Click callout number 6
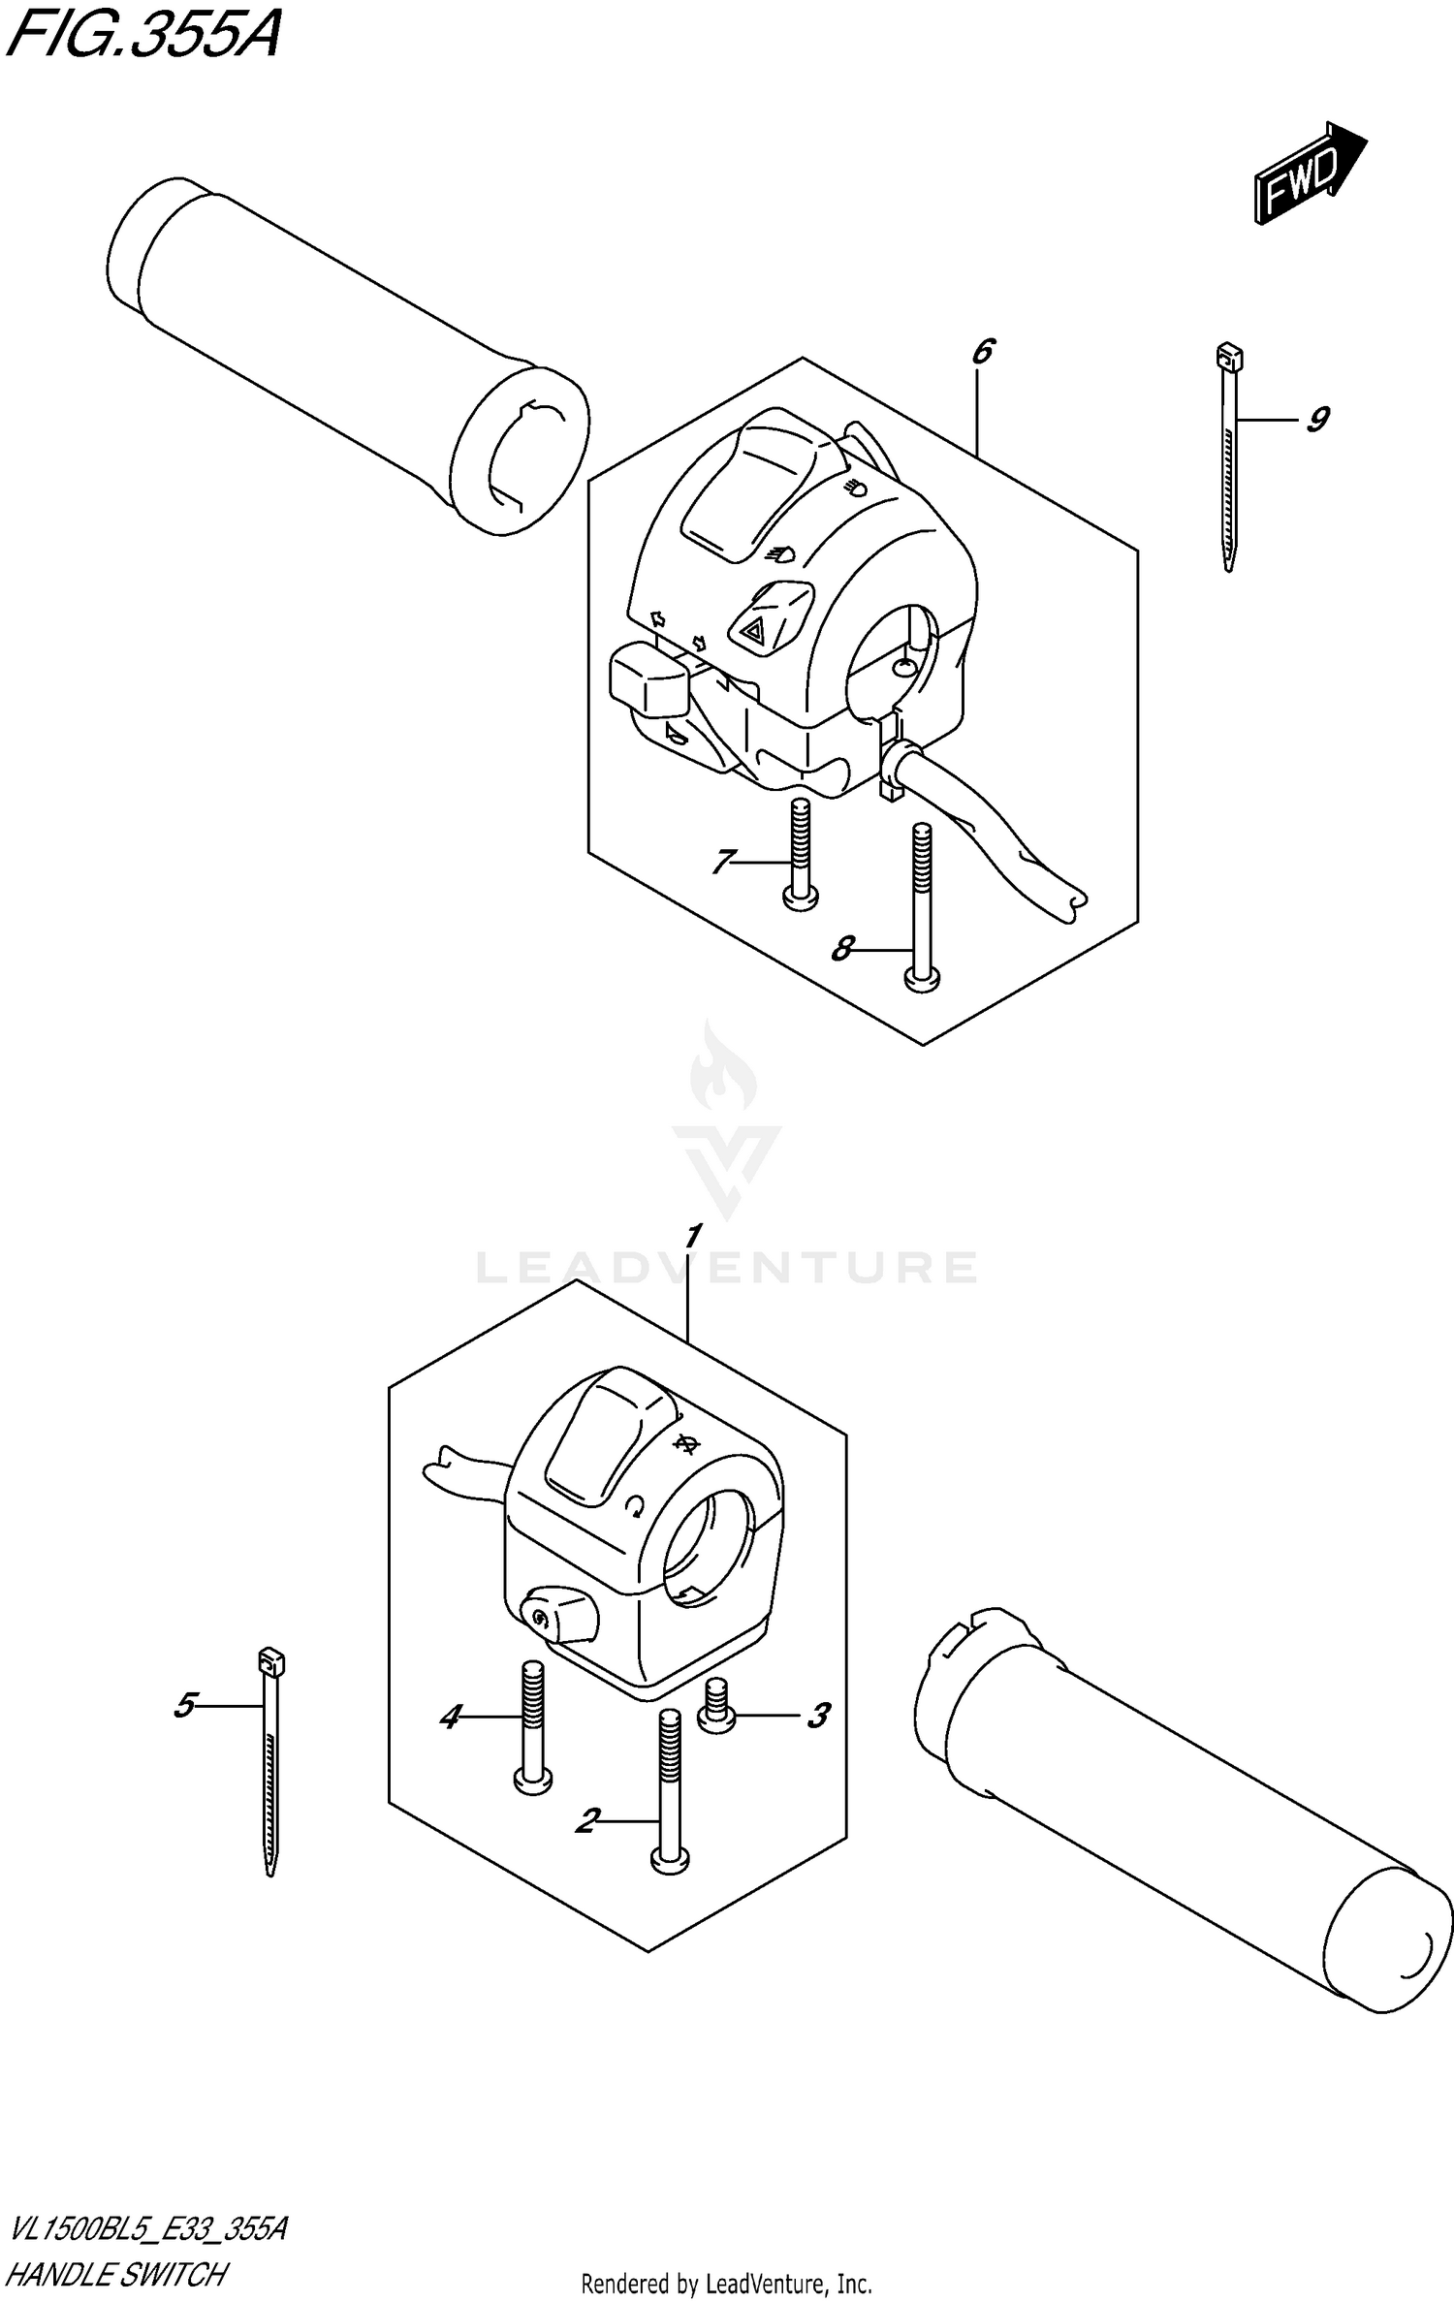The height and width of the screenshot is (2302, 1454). [x=982, y=351]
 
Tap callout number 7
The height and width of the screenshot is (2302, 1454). [x=722, y=861]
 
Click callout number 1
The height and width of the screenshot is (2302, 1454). [x=692, y=1238]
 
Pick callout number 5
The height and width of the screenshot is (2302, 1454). [x=185, y=1705]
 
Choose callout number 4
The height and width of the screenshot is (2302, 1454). [x=450, y=1718]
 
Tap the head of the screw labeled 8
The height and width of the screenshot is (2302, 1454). [x=921, y=982]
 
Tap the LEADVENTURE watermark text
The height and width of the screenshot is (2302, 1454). [x=727, y=1267]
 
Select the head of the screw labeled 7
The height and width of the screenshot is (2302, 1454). [x=799, y=899]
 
